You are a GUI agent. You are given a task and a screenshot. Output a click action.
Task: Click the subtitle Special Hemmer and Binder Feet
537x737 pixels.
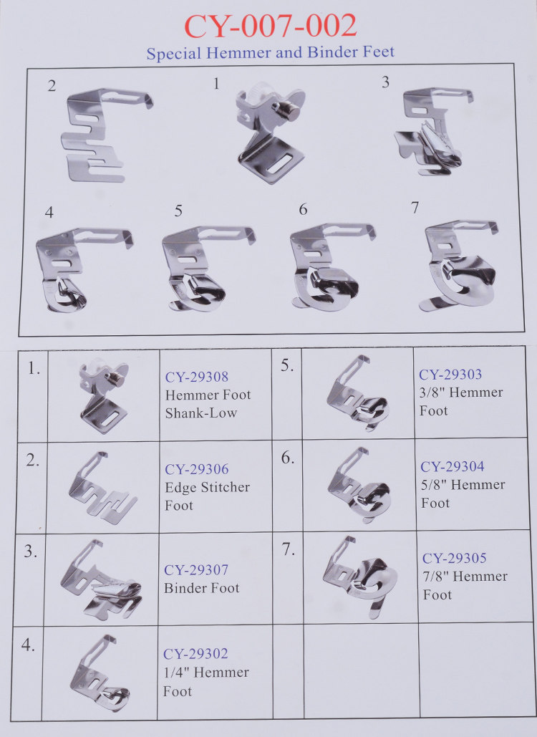(x=270, y=52)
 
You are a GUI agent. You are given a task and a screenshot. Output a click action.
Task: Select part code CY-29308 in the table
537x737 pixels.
(x=197, y=377)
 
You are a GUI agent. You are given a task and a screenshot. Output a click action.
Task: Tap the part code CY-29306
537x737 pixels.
(x=197, y=468)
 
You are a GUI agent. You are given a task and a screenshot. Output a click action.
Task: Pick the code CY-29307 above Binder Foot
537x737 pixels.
(x=196, y=569)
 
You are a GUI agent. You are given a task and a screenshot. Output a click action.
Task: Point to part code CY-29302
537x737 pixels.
(x=195, y=654)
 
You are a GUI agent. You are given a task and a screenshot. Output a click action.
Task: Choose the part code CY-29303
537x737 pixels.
(x=450, y=374)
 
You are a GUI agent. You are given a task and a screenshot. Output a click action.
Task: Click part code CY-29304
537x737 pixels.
(x=453, y=466)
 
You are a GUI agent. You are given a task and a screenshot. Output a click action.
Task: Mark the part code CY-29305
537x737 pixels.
(x=455, y=558)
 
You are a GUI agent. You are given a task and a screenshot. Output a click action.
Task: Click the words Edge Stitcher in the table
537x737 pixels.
(x=207, y=487)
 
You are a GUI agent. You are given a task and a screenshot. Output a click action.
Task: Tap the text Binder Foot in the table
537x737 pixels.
(x=201, y=587)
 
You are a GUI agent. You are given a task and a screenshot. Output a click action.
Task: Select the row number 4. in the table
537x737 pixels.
(x=28, y=645)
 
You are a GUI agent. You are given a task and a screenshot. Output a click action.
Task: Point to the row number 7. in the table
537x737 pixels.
(x=289, y=549)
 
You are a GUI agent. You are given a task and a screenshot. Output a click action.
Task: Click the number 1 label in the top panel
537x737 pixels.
(x=216, y=84)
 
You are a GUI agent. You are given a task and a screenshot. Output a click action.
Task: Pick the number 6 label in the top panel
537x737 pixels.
(x=303, y=209)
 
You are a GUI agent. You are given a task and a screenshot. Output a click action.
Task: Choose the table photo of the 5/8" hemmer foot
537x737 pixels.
(x=358, y=485)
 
